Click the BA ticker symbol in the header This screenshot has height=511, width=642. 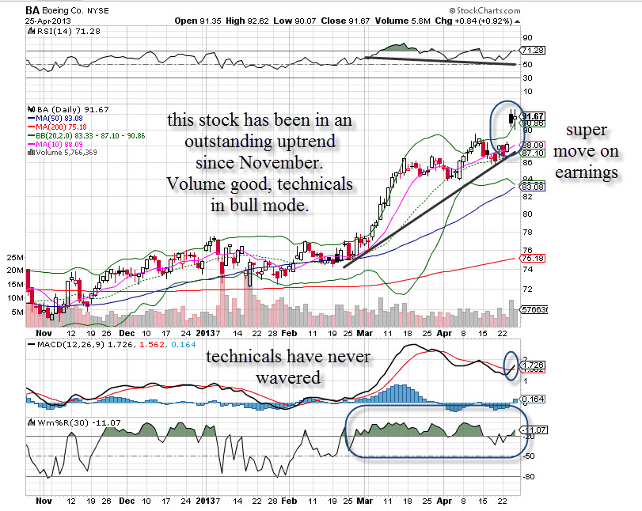[x=32, y=9]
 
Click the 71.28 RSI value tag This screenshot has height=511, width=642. [x=530, y=50]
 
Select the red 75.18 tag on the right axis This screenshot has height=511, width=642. [x=530, y=258]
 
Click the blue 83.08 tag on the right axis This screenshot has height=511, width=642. [x=530, y=187]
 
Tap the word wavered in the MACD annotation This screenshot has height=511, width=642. [x=288, y=378]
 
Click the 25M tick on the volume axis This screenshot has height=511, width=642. [x=13, y=258]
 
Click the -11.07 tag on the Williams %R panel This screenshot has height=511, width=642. [x=531, y=429]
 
